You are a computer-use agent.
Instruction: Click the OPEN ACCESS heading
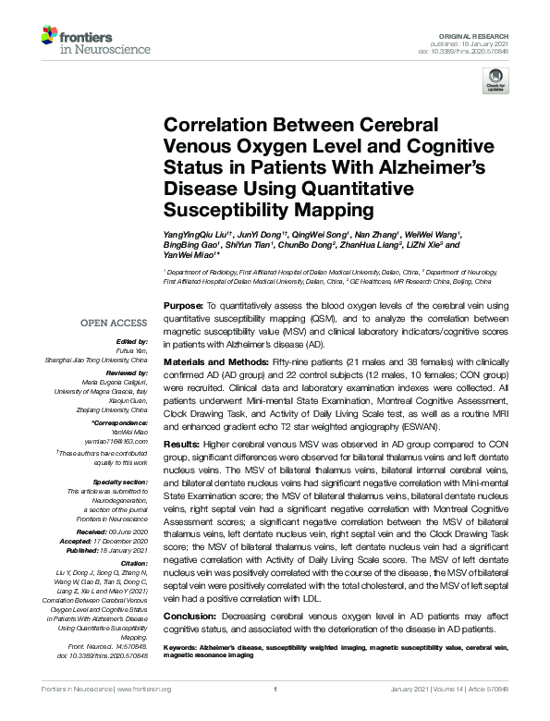(114, 323)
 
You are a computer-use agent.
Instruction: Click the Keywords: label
(185, 649)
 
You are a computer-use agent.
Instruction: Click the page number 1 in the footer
(275, 690)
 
